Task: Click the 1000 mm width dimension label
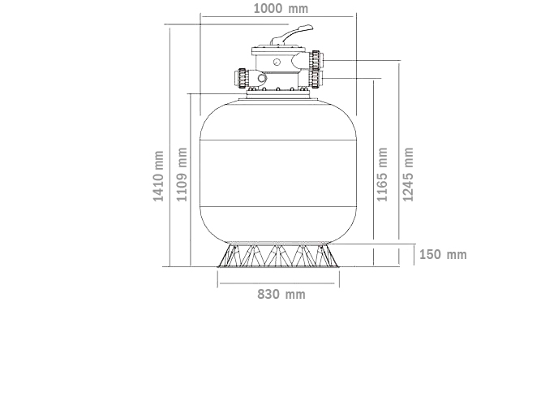coord(281,9)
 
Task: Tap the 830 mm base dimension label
coord(281,294)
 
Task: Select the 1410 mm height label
coord(159,175)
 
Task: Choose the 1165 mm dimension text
coord(383,175)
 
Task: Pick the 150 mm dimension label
coord(443,254)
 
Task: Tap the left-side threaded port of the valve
coord(243,80)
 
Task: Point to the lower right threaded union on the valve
coord(314,79)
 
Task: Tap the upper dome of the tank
coord(279,122)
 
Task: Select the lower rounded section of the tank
coord(279,223)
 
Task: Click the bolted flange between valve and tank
coord(279,96)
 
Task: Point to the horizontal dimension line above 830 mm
coord(278,283)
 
